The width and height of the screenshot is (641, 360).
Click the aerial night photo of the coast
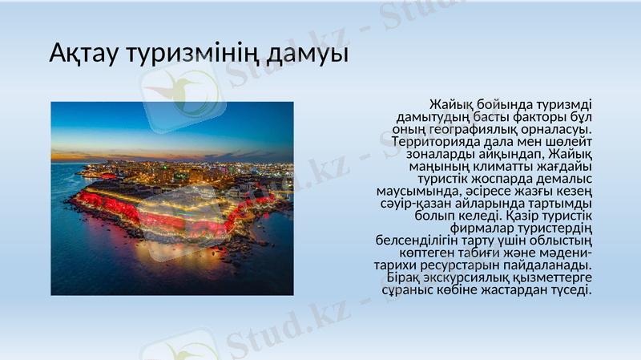[x=172, y=198]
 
